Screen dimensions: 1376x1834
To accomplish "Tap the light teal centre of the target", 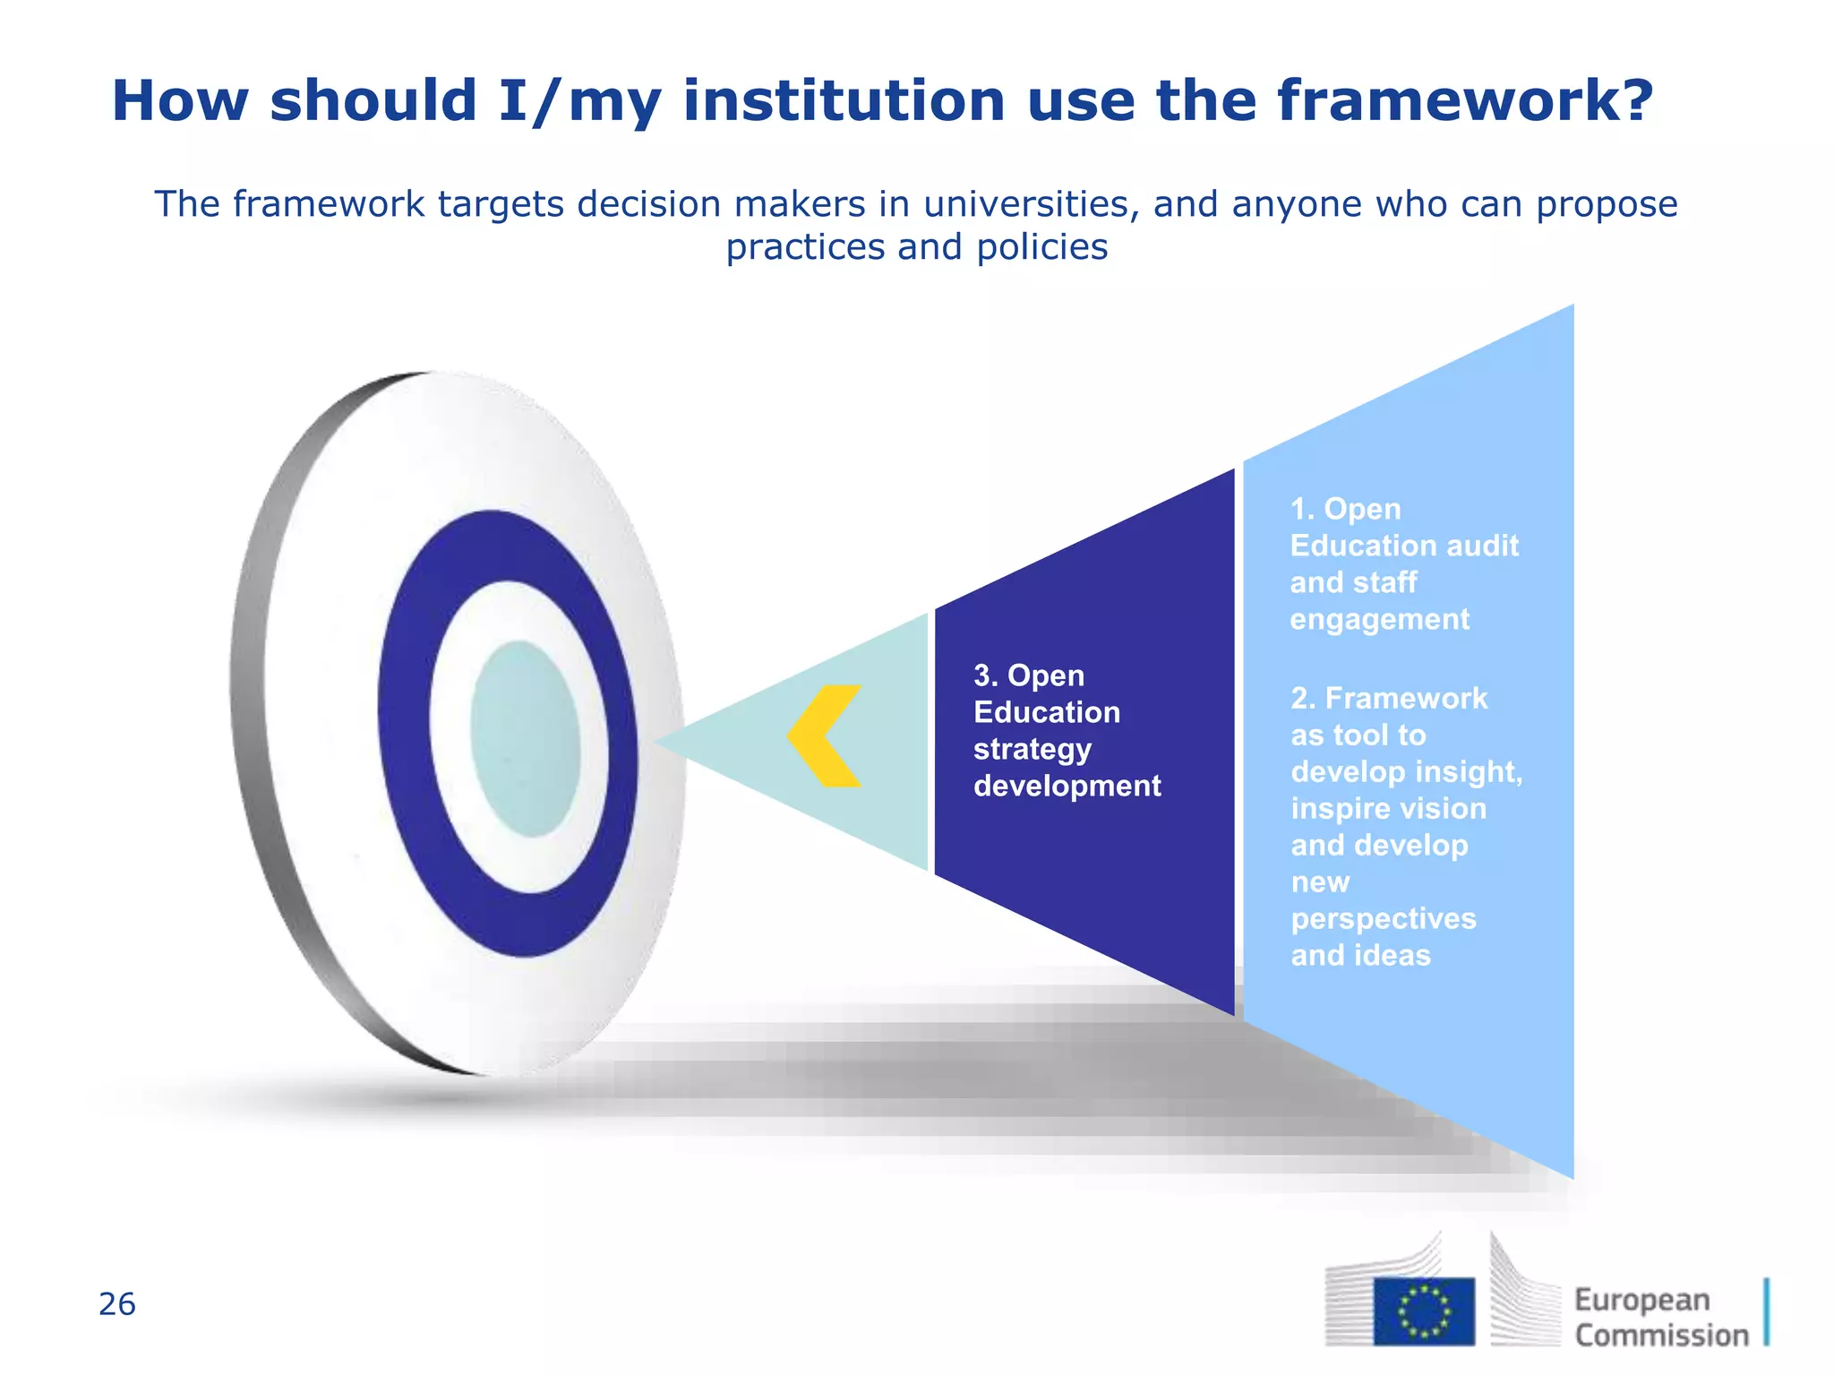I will point(526,739).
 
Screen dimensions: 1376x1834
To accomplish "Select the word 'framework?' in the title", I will point(1465,100).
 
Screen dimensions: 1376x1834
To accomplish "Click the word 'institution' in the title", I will point(844,100).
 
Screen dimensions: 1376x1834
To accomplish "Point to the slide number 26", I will point(117,1304).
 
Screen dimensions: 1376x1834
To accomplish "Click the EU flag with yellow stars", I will point(1424,1311).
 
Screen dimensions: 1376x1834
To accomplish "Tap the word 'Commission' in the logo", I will point(1661,1336).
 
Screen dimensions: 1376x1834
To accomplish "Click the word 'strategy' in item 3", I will point(1032,750).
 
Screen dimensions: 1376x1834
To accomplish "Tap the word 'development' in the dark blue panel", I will point(1067,786).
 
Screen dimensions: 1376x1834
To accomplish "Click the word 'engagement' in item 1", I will point(1379,620).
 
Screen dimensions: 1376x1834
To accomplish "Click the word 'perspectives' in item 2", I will point(1384,919).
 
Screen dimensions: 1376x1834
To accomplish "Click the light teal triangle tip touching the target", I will point(681,742).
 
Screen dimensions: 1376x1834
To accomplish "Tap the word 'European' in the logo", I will point(1642,1299).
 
